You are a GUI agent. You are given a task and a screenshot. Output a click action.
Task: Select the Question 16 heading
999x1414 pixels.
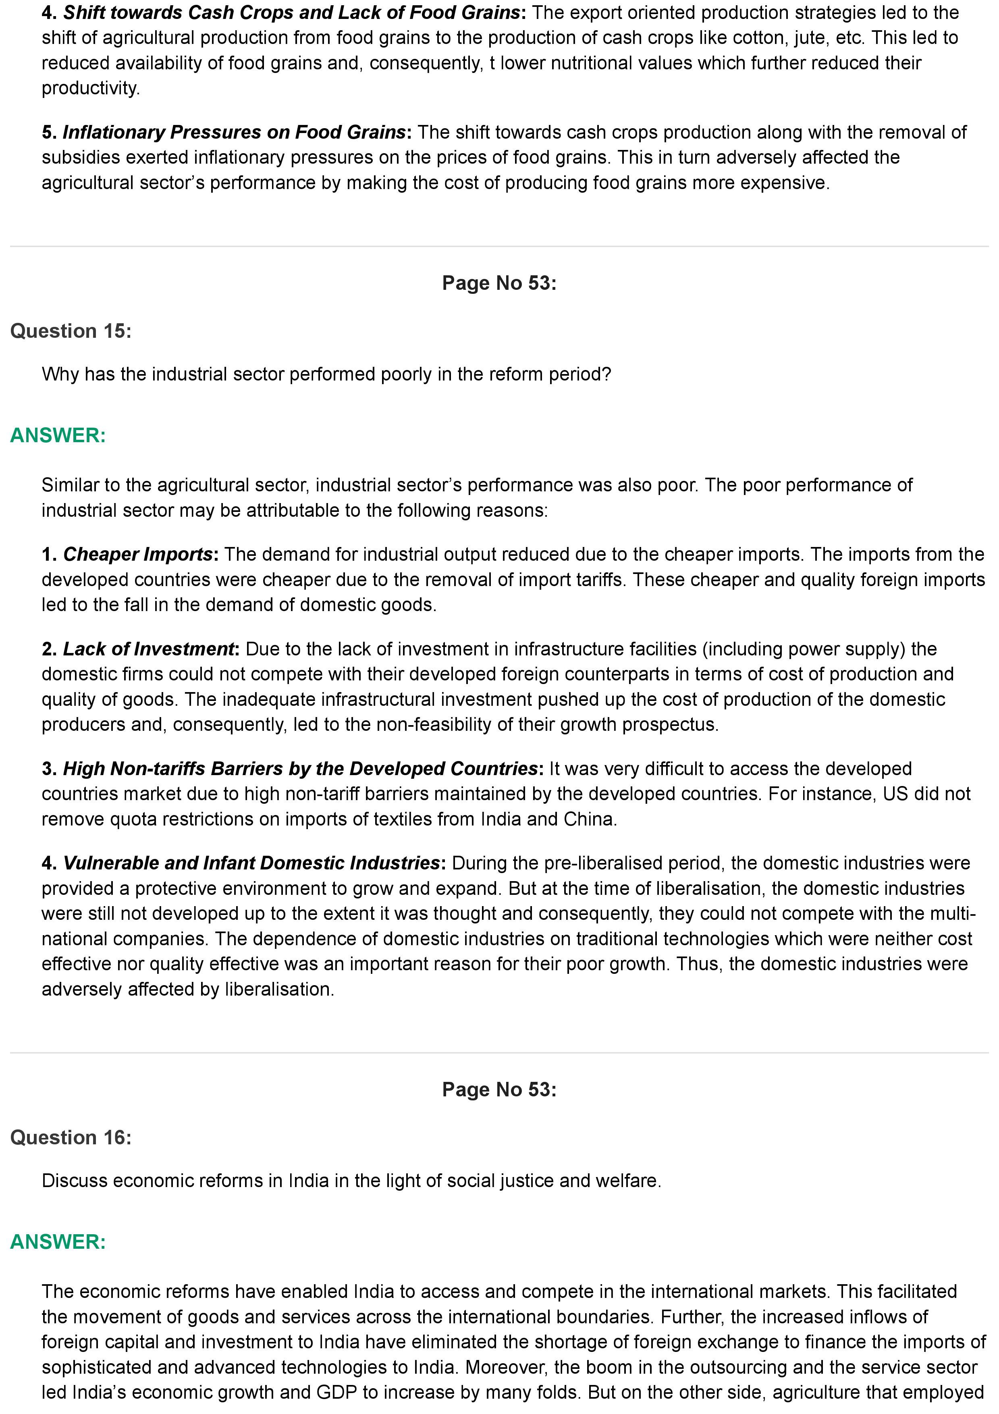[71, 1137]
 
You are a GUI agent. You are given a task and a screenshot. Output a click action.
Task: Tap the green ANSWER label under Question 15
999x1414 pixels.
[58, 435]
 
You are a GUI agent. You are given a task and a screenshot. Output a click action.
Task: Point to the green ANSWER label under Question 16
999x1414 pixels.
[58, 1241]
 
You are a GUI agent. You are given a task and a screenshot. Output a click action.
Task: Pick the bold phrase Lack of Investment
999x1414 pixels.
[148, 649]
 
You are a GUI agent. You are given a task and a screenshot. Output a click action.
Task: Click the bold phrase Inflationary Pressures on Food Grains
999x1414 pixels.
[234, 132]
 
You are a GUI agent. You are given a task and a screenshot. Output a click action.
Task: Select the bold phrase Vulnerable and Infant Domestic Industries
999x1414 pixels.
[251, 863]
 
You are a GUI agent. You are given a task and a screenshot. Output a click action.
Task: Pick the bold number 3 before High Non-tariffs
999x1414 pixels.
[48, 769]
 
